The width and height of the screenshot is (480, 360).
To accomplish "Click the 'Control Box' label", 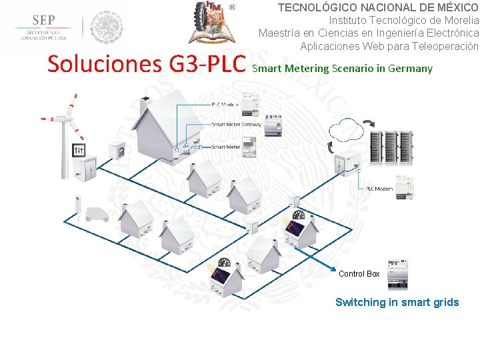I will tap(359, 274).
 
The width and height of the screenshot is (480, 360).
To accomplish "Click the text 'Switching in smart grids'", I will tap(397, 303).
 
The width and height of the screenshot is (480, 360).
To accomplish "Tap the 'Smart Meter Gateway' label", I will tap(236, 124).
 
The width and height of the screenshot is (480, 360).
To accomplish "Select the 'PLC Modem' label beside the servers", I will tap(379, 189).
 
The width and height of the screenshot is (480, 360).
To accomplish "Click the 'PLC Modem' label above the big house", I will tap(225, 105).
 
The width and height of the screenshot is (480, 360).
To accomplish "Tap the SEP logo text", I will tap(44, 20).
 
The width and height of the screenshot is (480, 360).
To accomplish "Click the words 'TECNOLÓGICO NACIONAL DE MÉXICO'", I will tap(377, 8).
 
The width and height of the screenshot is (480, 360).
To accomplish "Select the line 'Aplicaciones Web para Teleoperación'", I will tap(389, 46).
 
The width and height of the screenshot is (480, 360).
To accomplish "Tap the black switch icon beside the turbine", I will tap(79, 151).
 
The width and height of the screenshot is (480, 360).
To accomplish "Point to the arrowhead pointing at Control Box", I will tap(333, 269).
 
